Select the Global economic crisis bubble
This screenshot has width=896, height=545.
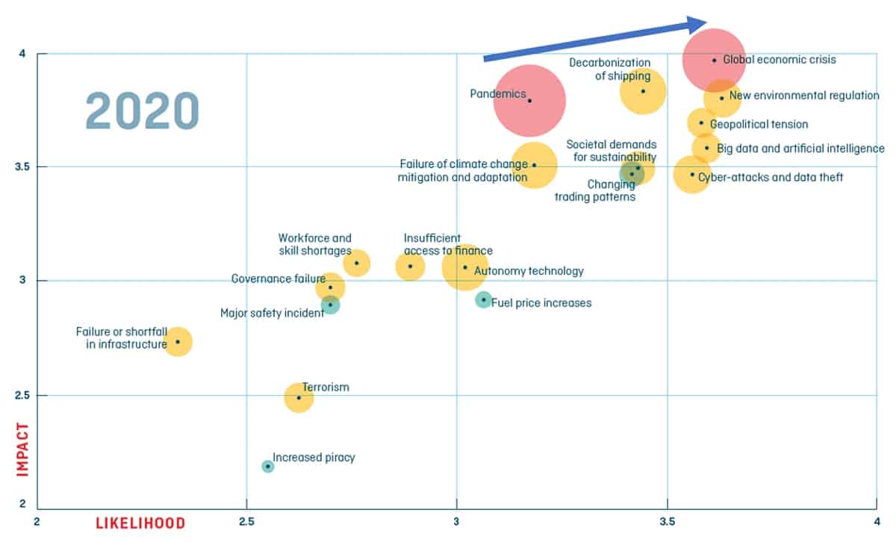pos(714,60)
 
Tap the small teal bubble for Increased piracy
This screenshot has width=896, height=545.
pos(268,467)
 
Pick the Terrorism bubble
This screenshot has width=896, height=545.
pos(299,397)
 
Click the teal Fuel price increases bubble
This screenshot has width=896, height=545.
pos(484,300)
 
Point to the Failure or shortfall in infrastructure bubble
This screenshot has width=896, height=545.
pos(177,341)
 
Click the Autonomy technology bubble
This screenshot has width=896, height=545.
pos(465,267)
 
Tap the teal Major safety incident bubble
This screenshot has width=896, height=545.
pos(330,305)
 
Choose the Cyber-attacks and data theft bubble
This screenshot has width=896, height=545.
pos(692,175)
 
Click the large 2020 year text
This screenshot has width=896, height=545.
pos(142,111)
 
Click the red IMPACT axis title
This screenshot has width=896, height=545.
pos(22,448)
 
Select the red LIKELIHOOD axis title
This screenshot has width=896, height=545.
pos(140,523)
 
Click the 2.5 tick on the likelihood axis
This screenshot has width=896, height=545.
pos(246,522)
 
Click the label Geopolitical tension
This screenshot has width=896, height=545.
pos(759,125)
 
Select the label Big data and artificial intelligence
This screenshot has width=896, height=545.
pos(800,149)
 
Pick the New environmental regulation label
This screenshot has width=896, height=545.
pos(804,96)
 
